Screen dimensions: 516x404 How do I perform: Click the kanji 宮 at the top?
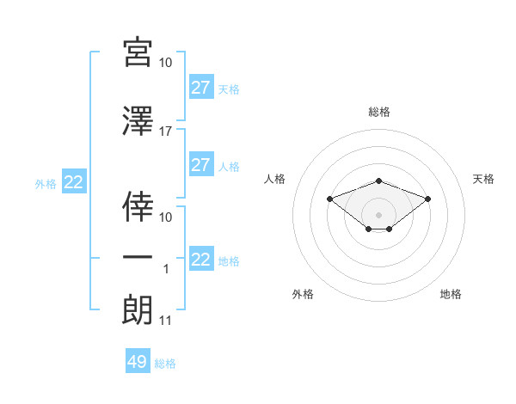tap(138, 52)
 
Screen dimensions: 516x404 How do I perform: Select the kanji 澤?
tap(138, 121)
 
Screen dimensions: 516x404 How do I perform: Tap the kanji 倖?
tap(138, 206)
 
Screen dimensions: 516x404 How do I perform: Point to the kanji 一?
tap(138, 257)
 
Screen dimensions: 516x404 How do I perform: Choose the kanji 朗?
tap(138, 309)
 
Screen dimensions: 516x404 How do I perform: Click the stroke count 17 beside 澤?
tap(165, 132)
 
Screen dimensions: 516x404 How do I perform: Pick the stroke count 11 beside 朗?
tap(165, 321)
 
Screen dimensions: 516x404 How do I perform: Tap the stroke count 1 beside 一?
tap(166, 269)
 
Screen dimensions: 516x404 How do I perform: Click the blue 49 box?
tap(138, 360)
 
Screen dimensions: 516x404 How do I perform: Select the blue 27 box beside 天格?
tap(201, 87)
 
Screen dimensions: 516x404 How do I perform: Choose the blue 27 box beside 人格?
tap(201, 164)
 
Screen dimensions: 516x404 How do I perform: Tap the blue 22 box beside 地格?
tap(201, 258)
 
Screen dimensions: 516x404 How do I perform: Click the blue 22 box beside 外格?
tap(74, 181)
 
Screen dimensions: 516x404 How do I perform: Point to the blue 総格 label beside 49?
tap(165, 364)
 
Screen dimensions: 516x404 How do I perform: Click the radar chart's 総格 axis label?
tap(379, 112)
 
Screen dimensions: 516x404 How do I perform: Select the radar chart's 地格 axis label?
tap(451, 294)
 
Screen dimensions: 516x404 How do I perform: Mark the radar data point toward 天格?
tap(427, 199)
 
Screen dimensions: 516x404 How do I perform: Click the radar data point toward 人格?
tap(329, 199)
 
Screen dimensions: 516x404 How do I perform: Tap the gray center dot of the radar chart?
tap(378, 215)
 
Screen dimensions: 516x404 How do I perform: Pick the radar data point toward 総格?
tap(378, 181)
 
